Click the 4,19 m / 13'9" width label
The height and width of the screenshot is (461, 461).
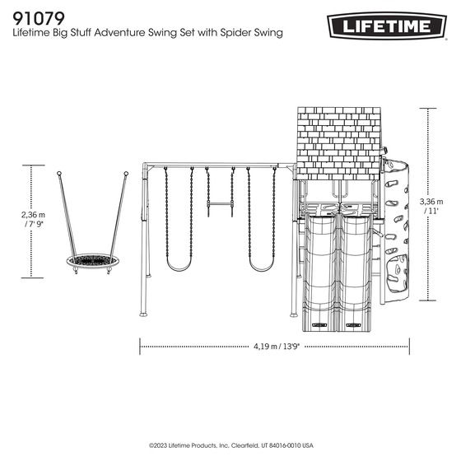276,347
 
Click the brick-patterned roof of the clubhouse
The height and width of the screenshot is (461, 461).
338,140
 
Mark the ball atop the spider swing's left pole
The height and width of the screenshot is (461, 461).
59,174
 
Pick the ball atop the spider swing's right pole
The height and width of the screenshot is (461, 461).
126,174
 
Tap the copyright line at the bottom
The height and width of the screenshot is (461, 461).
230,445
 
